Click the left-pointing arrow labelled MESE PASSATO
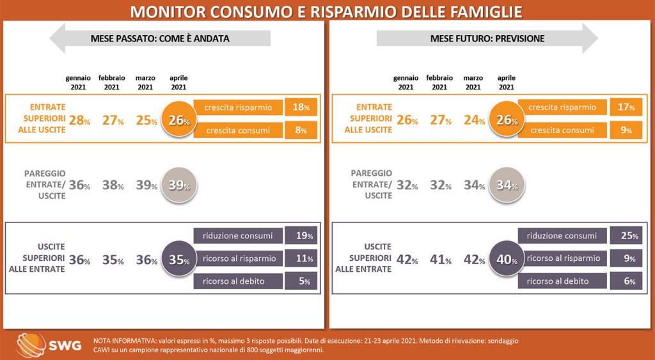coord(159,38)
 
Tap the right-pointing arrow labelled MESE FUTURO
coord(487,38)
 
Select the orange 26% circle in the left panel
coord(178,120)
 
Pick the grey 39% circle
coord(178,185)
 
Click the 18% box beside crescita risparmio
coord(301,107)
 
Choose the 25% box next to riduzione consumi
coord(626,236)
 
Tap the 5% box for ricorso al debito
coord(301,281)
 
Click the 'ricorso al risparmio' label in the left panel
coord(238,258)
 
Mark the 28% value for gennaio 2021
coord(78,120)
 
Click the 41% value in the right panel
coord(439,260)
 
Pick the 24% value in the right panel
coord(472,120)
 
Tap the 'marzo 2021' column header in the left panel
coord(145,82)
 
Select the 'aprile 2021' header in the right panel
coord(506,82)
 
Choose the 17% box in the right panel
coord(626,107)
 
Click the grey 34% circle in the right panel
coord(505,185)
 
